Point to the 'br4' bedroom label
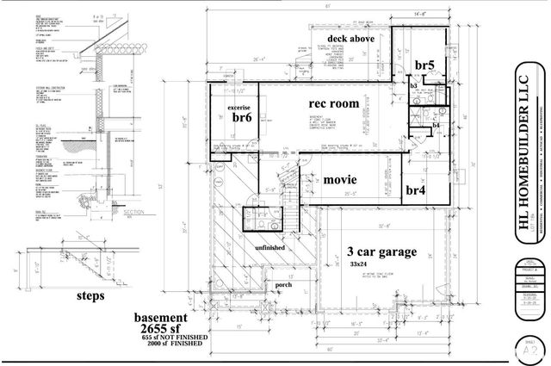(416, 189)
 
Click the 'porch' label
(284, 285)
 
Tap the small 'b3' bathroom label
(414, 86)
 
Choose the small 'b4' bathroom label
(436, 127)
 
